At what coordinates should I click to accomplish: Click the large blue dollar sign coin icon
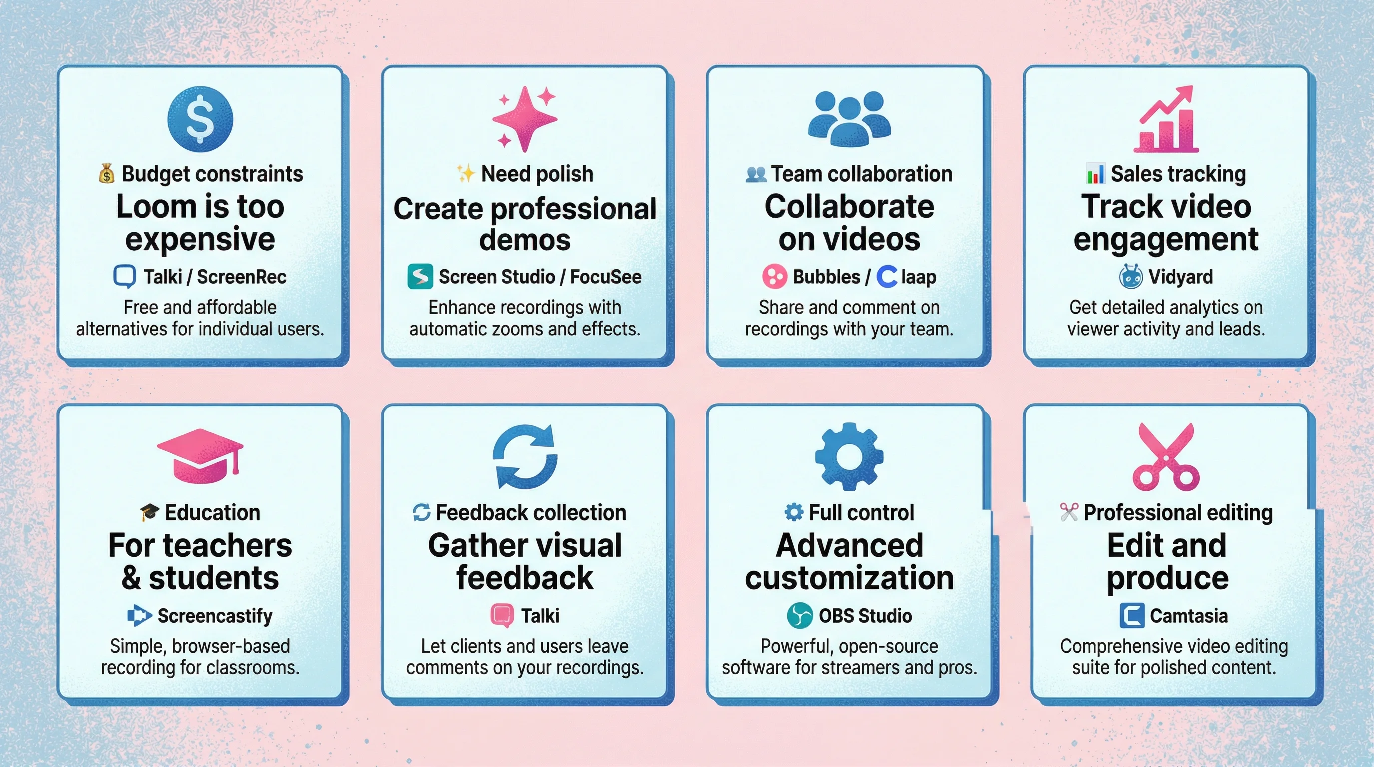coord(200,119)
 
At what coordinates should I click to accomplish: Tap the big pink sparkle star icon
coord(524,118)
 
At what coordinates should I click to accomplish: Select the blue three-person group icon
coord(849,119)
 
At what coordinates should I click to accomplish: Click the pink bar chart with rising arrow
coord(1166,120)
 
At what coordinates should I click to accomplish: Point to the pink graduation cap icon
coord(200,456)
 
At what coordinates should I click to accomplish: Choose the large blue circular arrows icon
coord(525,457)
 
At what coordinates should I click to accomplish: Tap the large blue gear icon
coord(849,456)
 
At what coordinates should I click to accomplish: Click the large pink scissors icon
coord(1166,457)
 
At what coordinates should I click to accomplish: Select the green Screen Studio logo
coord(420,276)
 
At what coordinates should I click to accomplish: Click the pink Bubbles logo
coord(774,276)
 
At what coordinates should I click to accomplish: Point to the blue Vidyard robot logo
coord(1130,276)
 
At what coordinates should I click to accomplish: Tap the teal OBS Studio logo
coord(799,616)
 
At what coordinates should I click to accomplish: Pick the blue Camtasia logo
coord(1132,616)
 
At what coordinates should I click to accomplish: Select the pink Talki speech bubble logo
coord(502,616)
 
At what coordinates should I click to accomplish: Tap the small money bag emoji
coord(107,174)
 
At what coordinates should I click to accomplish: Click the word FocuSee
coord(606,277)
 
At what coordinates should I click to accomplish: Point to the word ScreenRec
coord(241,277)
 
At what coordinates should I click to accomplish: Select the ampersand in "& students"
coord(131,578)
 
